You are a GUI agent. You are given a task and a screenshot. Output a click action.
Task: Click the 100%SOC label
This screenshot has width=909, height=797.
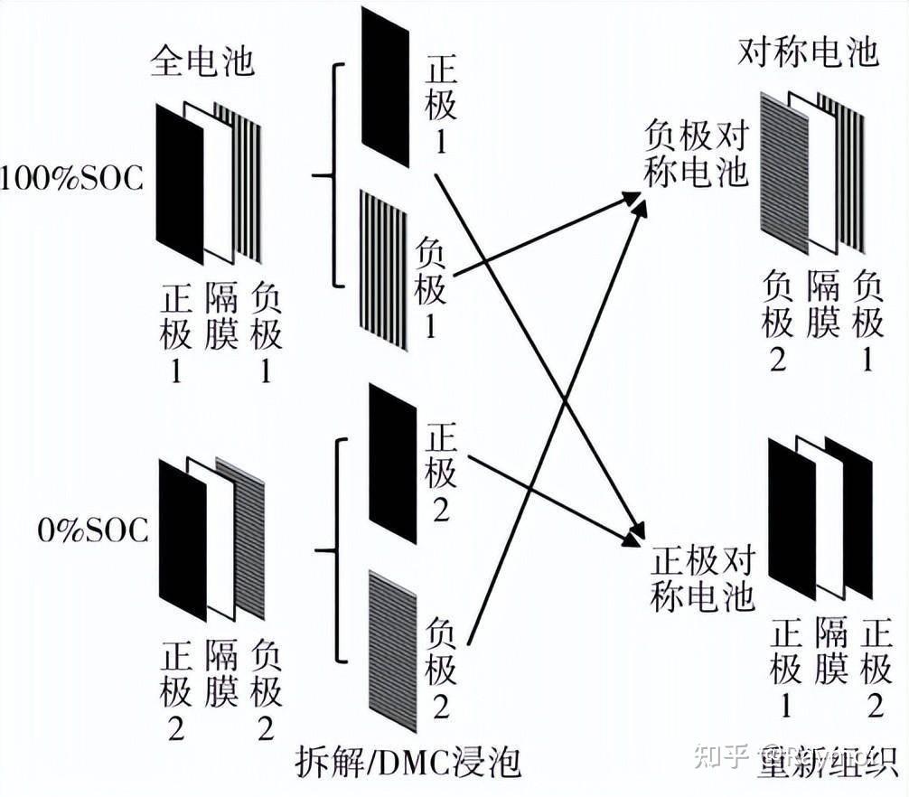point(71,178)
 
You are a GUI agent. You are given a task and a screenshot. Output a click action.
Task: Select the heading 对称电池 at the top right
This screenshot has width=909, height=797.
point(808,53)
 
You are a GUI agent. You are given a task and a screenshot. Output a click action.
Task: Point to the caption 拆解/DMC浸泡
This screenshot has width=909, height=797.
point(408,764)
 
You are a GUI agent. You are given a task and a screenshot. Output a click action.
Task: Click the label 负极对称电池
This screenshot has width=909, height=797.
point(696,155)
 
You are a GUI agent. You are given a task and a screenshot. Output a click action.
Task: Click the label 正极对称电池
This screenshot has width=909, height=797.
point(702,578)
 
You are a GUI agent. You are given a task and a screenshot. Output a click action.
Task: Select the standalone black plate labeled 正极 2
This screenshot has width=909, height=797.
point(392,464)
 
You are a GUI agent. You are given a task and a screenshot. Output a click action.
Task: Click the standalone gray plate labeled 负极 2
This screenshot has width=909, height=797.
point(392,651)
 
